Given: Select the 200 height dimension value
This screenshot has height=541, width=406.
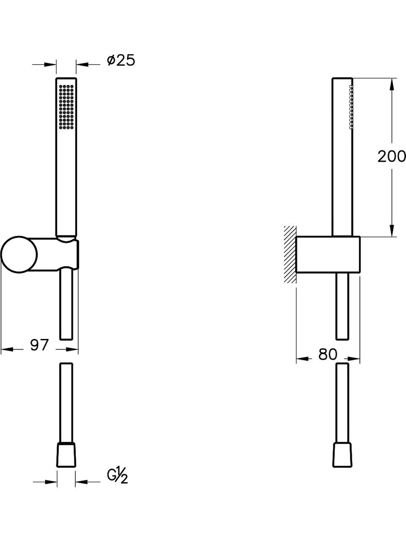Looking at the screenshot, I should (391, 156).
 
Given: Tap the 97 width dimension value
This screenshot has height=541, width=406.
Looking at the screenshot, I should (39, 345).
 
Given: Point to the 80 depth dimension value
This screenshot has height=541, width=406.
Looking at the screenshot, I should (328, 355).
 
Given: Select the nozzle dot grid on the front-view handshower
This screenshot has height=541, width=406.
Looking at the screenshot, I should (66, 106).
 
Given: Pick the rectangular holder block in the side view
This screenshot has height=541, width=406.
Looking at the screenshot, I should (328, 255).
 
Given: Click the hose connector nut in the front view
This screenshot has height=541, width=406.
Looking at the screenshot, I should (66, 454).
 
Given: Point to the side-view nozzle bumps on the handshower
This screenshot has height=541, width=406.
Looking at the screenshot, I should (351, 107).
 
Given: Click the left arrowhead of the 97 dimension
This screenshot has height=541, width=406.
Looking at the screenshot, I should (6, 349).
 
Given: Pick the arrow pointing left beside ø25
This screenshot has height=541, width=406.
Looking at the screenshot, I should (82, 65).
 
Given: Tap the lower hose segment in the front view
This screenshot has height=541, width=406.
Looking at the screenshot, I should (66, 402).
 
